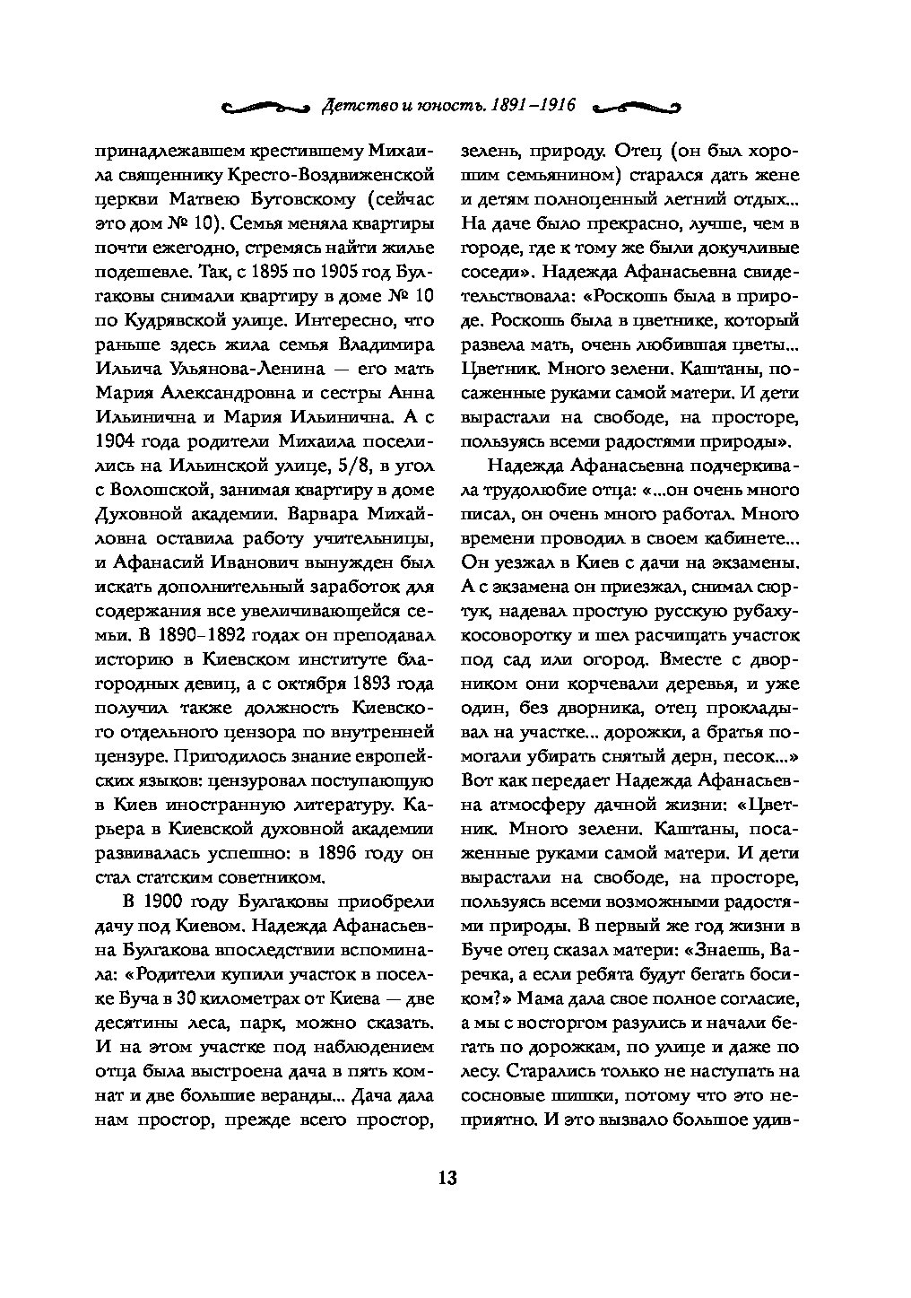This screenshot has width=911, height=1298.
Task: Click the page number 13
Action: coord(447,1177)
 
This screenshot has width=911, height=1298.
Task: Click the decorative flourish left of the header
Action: coord(266,107)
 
